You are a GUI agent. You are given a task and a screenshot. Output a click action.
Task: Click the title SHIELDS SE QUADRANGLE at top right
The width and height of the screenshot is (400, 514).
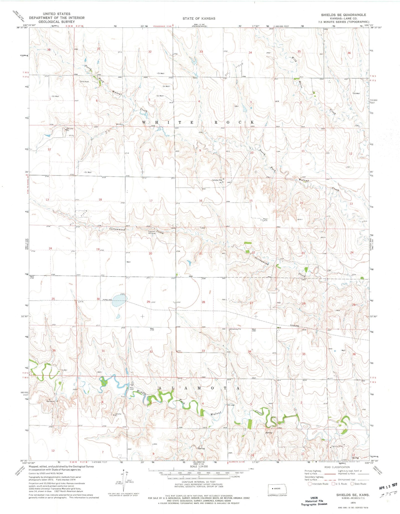[x=343, y=15]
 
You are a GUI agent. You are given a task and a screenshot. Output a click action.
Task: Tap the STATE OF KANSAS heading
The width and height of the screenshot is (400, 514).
[x=199, y=19]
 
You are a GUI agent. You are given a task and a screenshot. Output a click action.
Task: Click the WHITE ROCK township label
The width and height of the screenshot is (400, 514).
[x=198, y=122]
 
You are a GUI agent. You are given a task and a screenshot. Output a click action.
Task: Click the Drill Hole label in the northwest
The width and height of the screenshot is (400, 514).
[x=84, y=82]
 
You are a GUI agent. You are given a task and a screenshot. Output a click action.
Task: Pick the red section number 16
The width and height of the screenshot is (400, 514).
[x=200, y=201]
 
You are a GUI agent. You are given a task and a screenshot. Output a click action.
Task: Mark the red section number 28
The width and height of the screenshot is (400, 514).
[x=203, y=302]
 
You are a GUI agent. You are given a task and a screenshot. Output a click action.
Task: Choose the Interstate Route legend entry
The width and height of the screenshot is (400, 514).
[x=318, y=484]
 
